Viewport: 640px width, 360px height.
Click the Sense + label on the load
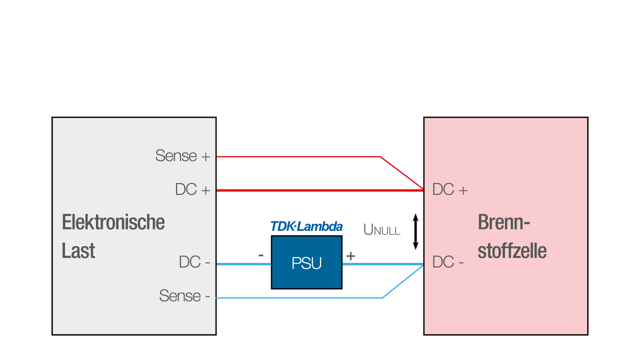click(182, 156)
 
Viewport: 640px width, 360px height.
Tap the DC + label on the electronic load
click(192, 190)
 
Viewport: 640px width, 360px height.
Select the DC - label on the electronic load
click(194, 262)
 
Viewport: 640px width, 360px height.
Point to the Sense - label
click(184, 296)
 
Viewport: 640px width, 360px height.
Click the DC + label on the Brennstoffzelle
click(450, 190)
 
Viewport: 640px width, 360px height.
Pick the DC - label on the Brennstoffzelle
click(448, 262)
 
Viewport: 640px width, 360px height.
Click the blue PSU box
click(306, 262)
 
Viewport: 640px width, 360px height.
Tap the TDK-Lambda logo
click(306, 226)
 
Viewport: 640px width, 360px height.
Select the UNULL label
click(382, 230)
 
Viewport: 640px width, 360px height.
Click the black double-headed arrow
click(415, 231)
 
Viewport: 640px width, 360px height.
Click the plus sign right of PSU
click(351, 256)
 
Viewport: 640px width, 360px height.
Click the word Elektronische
click(113, 222)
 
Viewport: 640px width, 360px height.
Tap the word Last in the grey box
click(78, 250)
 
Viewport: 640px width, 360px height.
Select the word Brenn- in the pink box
click(503, 222)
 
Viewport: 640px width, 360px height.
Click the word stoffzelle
click(512, 250)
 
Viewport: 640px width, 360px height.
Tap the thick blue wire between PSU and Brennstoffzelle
click(382, 264)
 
